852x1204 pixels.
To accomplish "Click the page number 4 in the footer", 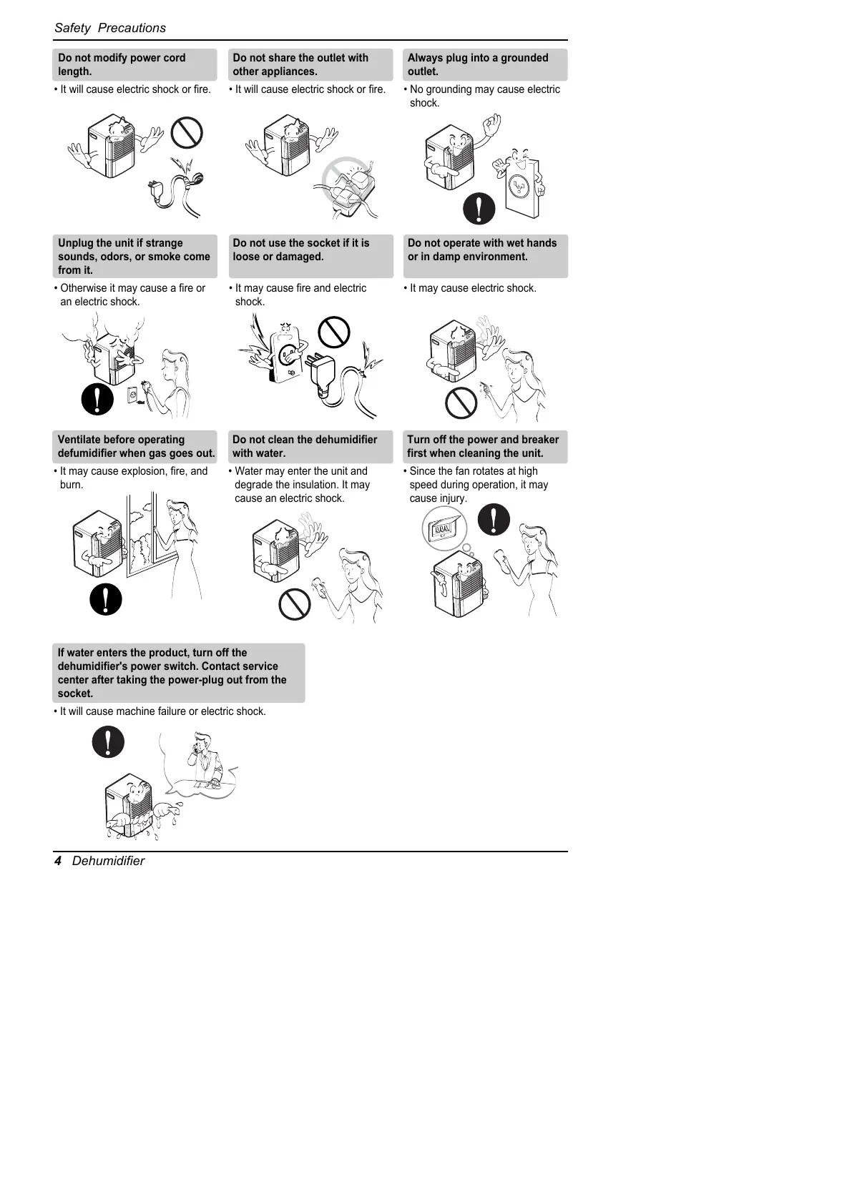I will point(58,861).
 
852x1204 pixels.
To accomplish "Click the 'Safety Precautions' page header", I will point(110,28).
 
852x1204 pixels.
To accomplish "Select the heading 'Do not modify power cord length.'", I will point(134,64).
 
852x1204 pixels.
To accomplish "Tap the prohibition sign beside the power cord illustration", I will point(187,132).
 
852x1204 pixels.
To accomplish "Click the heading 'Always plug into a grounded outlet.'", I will point(485,64).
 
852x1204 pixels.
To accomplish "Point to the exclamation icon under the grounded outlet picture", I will point(479,209).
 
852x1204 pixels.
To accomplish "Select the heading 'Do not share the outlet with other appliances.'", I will point(310,64).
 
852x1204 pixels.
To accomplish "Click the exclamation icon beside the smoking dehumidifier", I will point(97,398).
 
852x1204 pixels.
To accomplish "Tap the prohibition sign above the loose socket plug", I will point(333,332).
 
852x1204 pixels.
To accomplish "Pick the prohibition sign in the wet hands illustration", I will point(461,403).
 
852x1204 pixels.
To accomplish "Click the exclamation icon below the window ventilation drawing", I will point(106,598).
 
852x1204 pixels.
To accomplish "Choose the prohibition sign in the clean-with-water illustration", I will point(294,604).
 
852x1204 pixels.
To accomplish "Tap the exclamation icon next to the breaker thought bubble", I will point(494,519).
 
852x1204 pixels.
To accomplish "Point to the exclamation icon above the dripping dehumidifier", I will point(108,742).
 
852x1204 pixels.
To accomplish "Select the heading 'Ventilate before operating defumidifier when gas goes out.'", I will point(135,446).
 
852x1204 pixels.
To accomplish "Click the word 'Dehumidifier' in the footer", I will point(108,861).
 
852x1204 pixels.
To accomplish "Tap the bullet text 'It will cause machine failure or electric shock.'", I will point(162,711).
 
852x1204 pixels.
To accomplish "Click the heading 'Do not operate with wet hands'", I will point(481,243).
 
